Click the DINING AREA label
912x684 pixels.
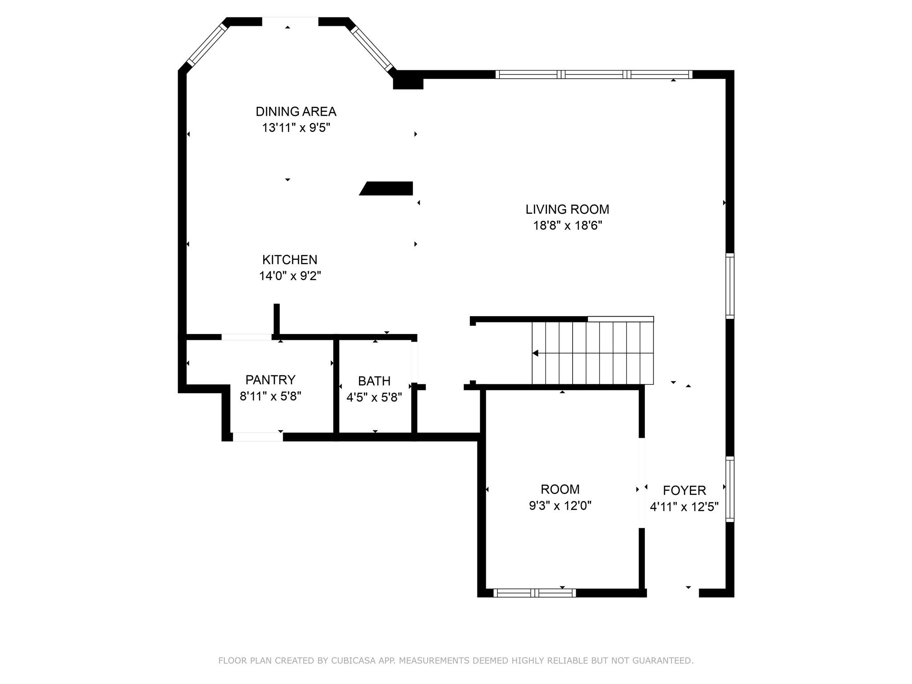pos(296,111)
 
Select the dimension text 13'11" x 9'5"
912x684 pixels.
pos(296,128)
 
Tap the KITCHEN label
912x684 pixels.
pos(289,260)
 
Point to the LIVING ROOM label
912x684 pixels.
pos(567,209)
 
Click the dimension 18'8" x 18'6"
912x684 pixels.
pos(567,226)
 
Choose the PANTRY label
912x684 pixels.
pos(270,380)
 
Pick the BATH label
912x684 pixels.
pos(374,381)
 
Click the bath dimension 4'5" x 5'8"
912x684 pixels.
pos(374,397)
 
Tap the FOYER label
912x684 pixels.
pos(684,490)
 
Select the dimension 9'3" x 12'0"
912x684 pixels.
pos(560,506)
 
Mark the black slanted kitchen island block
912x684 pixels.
pos(387,188)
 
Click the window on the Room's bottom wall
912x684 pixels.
pos(534,593)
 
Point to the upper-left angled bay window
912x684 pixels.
pos(207,45)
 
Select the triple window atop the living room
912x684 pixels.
pos(594,74)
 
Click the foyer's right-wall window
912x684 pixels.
pos(729,489)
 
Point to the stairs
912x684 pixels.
pos(592,353)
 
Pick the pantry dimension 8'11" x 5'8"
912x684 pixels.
pos(270,396)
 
